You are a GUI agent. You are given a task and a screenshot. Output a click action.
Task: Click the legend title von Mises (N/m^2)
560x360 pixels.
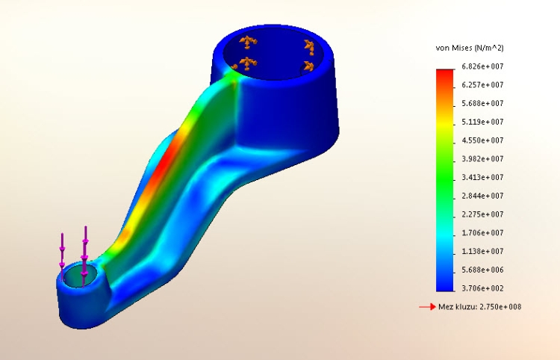469,48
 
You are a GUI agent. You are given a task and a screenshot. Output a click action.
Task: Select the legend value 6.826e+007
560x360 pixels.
483,66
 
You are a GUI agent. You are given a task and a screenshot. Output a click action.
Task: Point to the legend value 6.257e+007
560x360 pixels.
483,85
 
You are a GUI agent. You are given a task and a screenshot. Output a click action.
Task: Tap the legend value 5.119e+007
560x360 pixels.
483,122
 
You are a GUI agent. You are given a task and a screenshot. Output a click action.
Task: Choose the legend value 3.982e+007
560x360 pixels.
483,159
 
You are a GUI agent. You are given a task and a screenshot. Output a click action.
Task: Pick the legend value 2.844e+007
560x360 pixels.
483,196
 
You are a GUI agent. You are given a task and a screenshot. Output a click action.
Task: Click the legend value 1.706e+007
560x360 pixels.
483,233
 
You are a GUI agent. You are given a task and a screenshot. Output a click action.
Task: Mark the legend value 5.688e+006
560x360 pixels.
483,270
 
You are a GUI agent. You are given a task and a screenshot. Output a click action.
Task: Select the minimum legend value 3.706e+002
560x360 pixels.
483,288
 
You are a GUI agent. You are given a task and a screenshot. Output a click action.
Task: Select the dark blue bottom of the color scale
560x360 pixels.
445,284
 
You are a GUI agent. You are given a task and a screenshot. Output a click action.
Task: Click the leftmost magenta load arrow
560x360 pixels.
63,251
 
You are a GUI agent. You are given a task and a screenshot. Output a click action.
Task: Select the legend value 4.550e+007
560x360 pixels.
483,140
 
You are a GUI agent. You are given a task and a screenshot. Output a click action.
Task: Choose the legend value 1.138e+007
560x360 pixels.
483,252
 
